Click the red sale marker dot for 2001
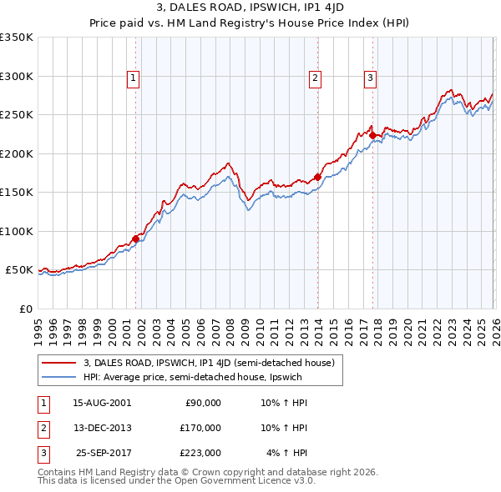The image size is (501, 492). (135, 238)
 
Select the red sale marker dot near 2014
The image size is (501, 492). (317, 177)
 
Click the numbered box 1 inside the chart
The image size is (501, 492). (134, 79)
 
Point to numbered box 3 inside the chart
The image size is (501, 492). (370, 79)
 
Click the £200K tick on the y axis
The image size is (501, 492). (17, 153)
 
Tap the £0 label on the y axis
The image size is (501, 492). (25, 309)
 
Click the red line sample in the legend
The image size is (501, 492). (58, 363)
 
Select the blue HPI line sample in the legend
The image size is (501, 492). (58, 377)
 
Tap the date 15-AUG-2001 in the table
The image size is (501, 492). (102, 402)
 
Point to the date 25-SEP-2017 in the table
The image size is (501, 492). (102, 453)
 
